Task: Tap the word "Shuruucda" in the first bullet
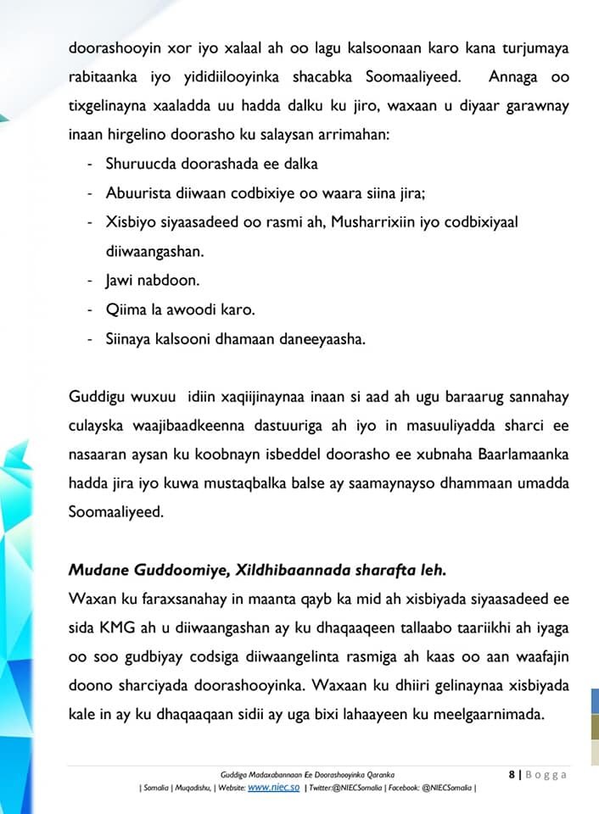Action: [x=138, y=164]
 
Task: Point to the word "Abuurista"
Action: [x=136, y=192]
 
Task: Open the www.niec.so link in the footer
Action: [x=273, y=787]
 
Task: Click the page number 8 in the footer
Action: [x=512, y=773]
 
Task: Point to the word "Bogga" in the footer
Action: [x=546, y=773]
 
